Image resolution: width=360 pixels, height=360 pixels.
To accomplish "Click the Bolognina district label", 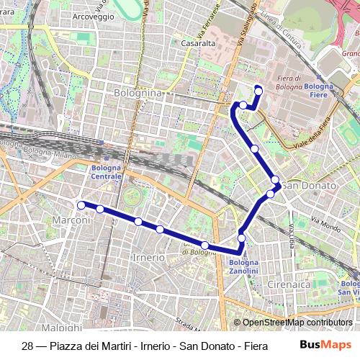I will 139,93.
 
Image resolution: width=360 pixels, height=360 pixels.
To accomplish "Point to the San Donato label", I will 310,186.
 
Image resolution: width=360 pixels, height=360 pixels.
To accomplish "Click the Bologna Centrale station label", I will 107,172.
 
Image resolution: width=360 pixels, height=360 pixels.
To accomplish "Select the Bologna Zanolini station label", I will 244,267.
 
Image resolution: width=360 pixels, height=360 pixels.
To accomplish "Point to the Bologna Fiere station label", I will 319,90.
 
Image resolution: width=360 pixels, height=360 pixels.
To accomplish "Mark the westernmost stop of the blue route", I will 81,205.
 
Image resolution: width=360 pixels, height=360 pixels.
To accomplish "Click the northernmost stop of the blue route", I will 258,89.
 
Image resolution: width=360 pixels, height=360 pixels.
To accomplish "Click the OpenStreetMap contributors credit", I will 297,323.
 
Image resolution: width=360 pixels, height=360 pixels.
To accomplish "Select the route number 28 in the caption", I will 28,345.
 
